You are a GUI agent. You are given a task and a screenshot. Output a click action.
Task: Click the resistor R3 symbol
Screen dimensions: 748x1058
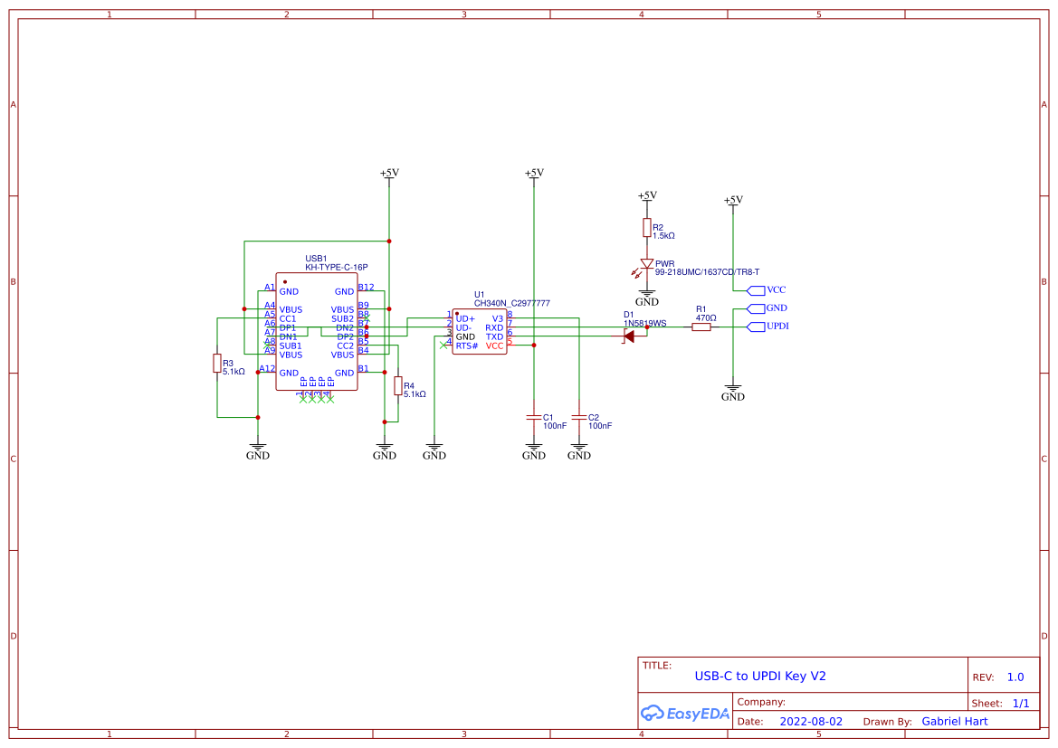[216, 364]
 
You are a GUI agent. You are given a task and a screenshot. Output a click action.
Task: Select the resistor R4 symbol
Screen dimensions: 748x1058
[398, 386]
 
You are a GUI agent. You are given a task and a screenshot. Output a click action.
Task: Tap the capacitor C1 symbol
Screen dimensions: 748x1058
[534, 418]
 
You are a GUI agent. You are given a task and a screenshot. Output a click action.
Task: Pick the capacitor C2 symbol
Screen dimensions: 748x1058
[579, 418]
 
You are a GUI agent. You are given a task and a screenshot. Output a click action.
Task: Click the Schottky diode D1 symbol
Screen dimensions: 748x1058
[628, 336]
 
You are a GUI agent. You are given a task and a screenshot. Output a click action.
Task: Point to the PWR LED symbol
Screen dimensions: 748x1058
[646, 264]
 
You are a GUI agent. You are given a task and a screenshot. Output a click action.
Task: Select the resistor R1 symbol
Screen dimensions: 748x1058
[701, 327]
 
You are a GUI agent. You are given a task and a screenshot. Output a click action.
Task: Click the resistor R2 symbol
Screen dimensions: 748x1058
[646, 227]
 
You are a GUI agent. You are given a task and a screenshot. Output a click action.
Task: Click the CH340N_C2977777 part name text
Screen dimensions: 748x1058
[511, 304]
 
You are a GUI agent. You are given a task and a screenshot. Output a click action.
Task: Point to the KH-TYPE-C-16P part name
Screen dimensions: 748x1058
[336, 268]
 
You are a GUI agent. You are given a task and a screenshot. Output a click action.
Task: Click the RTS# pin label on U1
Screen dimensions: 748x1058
[467, 346]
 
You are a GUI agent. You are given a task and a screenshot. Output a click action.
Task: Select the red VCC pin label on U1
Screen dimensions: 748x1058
[494, 346]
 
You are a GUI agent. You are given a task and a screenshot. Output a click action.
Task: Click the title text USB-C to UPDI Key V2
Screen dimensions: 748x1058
[759, 676]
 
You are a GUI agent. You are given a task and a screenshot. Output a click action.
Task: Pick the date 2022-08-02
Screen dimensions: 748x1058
[810, 722]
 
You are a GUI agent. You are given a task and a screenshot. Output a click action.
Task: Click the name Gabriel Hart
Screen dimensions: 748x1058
[954, 722]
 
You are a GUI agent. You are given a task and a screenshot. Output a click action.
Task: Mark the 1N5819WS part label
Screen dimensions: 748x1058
[644, 323]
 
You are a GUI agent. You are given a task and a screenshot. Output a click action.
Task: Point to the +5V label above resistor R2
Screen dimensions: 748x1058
[646, 195]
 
